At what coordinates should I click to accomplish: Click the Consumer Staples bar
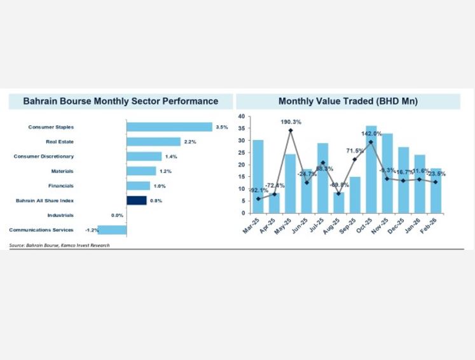169,127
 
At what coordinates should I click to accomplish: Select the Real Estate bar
153,142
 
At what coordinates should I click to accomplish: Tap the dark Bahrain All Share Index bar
136,200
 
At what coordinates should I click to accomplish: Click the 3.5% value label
222,127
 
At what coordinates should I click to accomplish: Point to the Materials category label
62,171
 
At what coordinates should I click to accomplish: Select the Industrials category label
60,215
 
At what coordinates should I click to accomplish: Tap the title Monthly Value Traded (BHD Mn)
348,101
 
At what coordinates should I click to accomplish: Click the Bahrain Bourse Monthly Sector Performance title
120,101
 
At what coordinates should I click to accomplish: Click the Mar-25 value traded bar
258,176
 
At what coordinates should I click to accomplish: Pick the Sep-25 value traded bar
355,195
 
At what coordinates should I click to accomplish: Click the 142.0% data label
371,134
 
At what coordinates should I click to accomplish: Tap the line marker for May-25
290,131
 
